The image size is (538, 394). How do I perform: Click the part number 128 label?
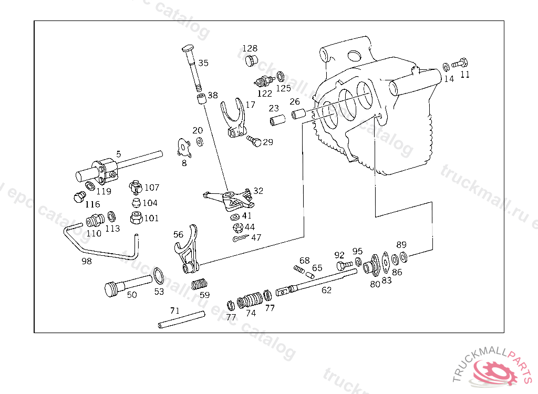pos(250,48)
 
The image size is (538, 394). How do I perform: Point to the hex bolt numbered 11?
pos(459,64)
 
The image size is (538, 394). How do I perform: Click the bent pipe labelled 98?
pos(100,244)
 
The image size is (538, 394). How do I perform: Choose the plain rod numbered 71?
pos(181,320)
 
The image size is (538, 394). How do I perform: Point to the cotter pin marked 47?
pos(239,239)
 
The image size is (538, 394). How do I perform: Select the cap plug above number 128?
pos(252,60)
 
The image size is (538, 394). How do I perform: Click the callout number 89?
pos(401,244)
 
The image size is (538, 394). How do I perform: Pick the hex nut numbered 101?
pos(136,217)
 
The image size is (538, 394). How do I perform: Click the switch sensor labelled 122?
pos(262,81)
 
